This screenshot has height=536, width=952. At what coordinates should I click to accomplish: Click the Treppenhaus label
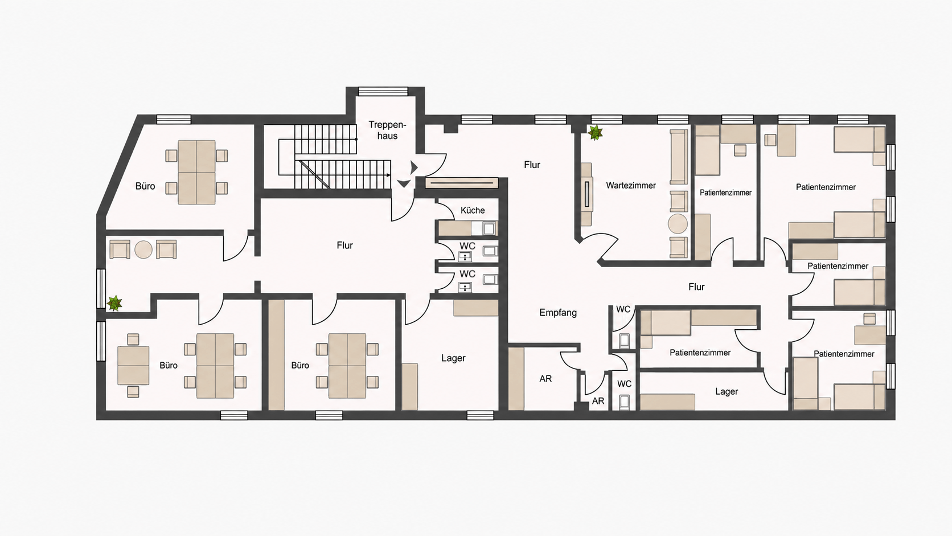[387, 130]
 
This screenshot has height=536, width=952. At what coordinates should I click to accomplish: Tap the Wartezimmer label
[631, 185]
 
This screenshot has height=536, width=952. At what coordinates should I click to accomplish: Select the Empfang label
[558, 312]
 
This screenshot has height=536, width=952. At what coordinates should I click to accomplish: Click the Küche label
[473, 210]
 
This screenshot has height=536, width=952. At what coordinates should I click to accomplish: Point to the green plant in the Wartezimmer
[596, 133]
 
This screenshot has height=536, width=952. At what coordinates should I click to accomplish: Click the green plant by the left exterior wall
[115, 304]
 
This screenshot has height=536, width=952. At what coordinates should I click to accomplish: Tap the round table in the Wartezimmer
[678, 224]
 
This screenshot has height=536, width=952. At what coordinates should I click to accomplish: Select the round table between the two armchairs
[143, 249]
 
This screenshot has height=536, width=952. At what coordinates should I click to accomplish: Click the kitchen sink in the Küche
[489, 228]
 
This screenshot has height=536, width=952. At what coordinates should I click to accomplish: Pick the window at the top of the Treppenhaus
[383, 91]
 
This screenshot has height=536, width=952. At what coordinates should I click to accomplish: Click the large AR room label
[545, 378]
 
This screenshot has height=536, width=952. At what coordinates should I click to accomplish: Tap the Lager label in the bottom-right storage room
[727, 391]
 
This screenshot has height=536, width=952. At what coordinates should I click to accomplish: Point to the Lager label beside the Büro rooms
[453, 358]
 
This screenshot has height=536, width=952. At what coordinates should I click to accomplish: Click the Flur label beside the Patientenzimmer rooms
[696, 287]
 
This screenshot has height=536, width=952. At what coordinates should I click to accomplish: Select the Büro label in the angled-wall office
[145, 186]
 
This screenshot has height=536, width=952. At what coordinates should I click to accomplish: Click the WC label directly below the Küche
[467, 246]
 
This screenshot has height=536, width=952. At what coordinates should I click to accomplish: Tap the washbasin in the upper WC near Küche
[465, 256]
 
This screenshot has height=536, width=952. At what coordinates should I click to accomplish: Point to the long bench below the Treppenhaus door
[462, 183]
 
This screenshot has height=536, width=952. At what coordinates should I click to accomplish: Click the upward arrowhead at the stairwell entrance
[403, 183]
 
